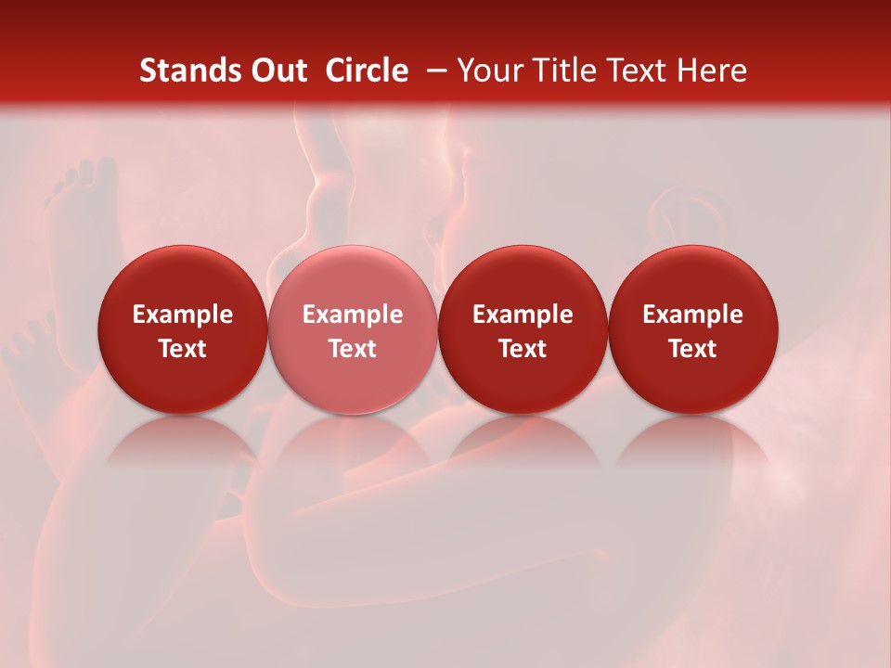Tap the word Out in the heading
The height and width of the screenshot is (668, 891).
point(278,71)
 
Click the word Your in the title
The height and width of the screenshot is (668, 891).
point(491,71)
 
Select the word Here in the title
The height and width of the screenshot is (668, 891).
point(712,71)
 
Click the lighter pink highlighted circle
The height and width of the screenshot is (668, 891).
point(352,278)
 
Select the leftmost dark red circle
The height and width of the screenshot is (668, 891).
point(182,278)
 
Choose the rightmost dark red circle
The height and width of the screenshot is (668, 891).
point(692,278)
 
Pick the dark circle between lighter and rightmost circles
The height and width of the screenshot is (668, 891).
point(523,278)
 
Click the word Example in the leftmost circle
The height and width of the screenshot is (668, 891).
point(182,315)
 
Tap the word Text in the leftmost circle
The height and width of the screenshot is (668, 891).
point(182,349)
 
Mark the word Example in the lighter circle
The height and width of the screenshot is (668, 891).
point(352,315)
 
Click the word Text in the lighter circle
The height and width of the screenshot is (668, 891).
point(352,349)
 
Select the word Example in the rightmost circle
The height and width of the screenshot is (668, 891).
point(692,315)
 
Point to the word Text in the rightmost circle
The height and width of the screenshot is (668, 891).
point(692,349)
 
